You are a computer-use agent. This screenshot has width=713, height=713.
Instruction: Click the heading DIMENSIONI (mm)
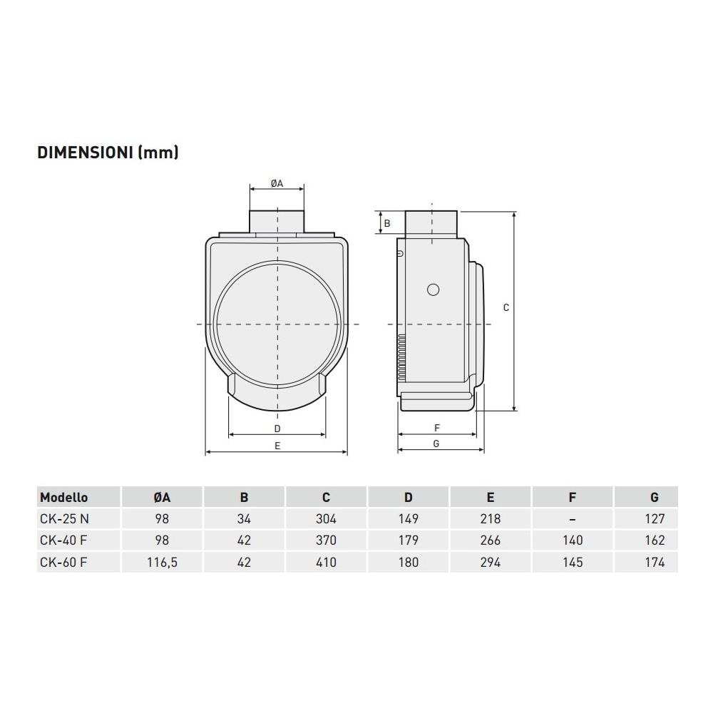[108, 153]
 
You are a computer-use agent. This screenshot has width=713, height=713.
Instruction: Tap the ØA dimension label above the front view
[277, 183]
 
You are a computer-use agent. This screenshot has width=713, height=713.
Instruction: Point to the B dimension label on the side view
[387, 223]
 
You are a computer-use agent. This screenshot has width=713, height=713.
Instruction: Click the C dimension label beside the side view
[506, 308]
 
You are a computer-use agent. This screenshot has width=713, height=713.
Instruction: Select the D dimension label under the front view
[277, 429]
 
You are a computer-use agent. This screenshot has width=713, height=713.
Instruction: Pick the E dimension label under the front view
[277, 446]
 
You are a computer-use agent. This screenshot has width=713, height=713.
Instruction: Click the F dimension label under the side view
[437, 428]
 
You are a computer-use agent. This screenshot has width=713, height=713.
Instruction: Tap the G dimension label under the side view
[436, 443]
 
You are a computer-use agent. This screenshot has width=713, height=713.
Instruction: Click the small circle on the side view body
[434, 289]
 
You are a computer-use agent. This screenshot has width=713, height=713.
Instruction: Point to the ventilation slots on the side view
[401, 357]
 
